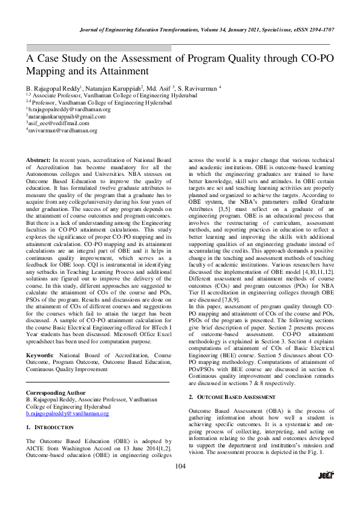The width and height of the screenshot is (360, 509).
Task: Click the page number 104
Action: click(x=180, y=482)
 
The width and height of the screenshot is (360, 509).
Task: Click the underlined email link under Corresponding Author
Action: click(x=67, y=397)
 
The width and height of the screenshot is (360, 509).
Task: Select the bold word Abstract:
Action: click(x=38, y=159)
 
